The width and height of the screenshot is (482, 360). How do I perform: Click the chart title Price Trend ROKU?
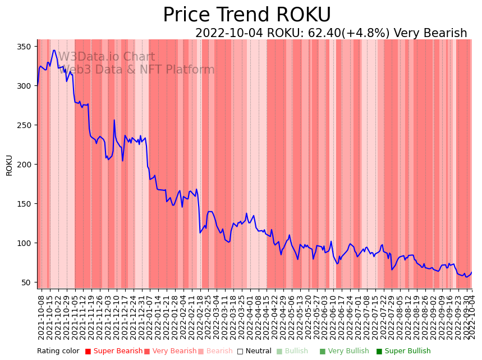point(247,15)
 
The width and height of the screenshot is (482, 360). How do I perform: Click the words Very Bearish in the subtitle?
point(430,33)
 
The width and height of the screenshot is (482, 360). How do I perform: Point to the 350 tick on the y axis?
point(24,47)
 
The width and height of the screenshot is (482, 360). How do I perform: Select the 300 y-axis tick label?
point(24,86)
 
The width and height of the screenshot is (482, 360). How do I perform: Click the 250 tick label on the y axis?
point(24,125)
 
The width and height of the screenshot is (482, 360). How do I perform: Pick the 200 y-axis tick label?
point(24,165)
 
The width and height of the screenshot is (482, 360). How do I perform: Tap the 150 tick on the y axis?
point(24,204)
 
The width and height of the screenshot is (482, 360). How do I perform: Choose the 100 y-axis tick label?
point(24,243)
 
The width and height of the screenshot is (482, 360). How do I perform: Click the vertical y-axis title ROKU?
point(9,165)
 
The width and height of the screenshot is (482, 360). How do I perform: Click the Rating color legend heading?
point(58,352)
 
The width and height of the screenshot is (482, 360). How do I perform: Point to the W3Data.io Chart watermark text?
point(107,57)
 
